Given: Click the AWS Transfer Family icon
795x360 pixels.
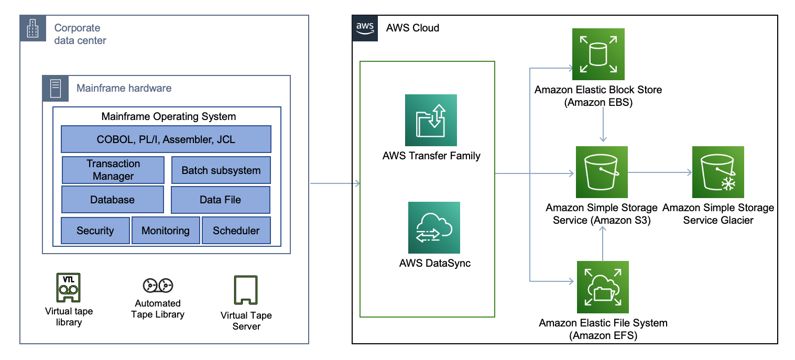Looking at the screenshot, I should [431, 120].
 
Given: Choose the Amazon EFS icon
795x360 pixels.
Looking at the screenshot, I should [602, 287].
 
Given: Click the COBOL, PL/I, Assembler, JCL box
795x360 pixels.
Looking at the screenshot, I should [166, 139].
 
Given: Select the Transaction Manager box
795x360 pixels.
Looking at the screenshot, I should [113, 170].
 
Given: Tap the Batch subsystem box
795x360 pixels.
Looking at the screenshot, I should [221, 170].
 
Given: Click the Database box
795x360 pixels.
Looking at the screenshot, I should [112, 200].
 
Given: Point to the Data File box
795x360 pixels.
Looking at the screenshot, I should [220, 200].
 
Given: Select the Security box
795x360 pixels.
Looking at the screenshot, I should [95, 231].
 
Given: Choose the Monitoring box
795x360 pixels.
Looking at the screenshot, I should [166, 231].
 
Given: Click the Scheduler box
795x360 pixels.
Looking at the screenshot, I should [236, 231].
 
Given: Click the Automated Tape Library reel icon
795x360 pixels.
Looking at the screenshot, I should [158, 285].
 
